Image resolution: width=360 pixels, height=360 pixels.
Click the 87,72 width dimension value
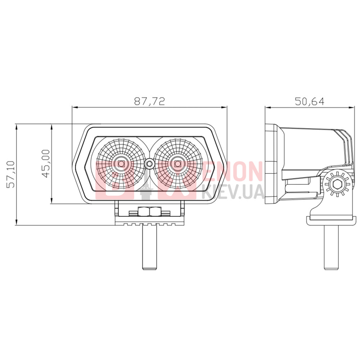[x=149, y=101]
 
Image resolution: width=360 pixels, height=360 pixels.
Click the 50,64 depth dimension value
[x=310, y=101]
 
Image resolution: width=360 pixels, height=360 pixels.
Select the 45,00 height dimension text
[x=46, y=163]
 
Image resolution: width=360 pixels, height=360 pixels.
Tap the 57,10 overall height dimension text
[x=11, y=174]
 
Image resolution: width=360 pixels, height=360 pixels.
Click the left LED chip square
[x=121, y=164]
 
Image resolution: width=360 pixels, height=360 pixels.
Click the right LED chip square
[x=177, y=164]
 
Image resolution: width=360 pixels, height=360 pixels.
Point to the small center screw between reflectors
[x=149, y=164]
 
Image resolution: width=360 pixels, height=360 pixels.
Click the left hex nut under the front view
[x=144, y=211]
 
